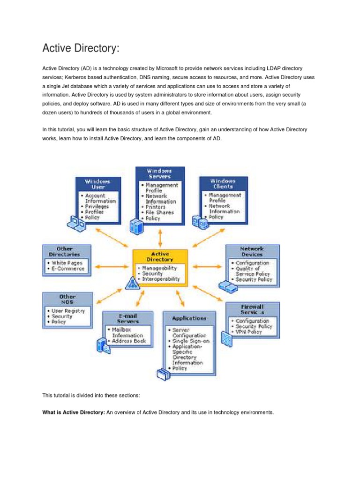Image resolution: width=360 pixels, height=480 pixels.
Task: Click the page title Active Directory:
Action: click(85, 48)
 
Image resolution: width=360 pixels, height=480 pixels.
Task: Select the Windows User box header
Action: click(97, 183)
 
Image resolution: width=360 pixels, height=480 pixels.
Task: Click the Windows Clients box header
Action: click(223, 183)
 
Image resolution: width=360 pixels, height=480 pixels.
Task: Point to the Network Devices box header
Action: click(252, 251)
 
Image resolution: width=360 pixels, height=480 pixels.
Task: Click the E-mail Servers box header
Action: click(128, 318)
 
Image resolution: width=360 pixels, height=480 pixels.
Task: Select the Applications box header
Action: click(189, 318)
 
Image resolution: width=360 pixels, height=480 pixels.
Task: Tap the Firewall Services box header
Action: click(252, 308)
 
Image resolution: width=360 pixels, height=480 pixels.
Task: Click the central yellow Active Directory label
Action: click(160, 256)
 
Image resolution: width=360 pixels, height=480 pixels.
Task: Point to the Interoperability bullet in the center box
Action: click(161, 279)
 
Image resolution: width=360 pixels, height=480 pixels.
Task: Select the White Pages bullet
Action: click(68, 263)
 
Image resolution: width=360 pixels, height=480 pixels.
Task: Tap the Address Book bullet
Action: click(129, 341)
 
